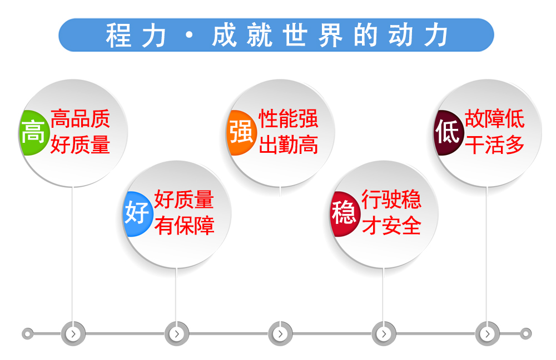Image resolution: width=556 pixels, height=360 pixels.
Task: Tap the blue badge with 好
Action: [x=137, y=214]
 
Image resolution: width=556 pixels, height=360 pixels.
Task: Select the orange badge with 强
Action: [x=241, y=133]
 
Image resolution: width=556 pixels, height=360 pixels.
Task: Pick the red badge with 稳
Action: [x=345, y=214]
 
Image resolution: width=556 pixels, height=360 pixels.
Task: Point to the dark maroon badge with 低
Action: [x=449, y=133]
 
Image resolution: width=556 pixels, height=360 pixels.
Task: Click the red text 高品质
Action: [x=80, y=119]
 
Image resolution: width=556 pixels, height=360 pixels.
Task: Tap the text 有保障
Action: [x=185, y=226]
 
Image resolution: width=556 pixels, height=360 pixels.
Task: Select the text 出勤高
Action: [x=288, y=145]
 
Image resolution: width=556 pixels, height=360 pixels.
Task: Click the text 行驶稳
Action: [x=391, y=199]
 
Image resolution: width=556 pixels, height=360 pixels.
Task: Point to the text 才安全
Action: [x=391, y=226]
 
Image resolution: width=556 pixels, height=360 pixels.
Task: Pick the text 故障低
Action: [x=495, y=119]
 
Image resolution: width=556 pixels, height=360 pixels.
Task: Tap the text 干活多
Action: [x=495, y=145]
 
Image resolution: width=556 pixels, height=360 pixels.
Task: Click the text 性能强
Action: [x=288, y=119]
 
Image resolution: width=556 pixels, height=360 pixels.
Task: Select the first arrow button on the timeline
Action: [x=73, y=334]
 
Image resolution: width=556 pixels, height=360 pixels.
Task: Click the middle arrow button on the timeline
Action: [x=280, y=334]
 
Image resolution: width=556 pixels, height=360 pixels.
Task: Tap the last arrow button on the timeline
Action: [x=488, y=334]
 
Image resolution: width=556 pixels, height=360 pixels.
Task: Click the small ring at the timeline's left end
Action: [x=28, y=334]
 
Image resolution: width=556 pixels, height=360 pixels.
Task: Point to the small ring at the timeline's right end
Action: [x=526, y=334]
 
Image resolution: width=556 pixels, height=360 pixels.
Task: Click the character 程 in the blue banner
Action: [x=118, y=35]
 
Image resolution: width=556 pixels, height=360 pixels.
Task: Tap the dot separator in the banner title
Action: [x=190, y=35]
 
